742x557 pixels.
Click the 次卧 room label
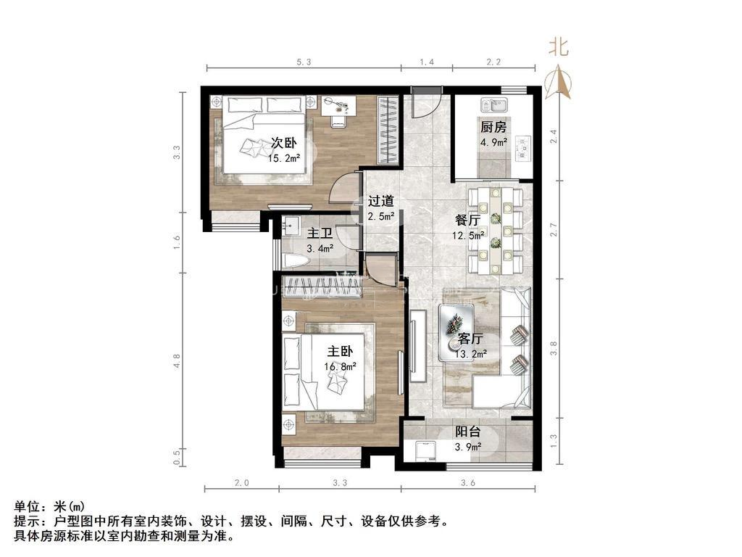[283, 142]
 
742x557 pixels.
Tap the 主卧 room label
[341, 351]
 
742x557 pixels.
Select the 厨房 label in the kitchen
[493, 126]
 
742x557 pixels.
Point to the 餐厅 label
[467, 220]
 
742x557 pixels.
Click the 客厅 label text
[470, 339]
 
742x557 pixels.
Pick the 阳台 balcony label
[468, 432]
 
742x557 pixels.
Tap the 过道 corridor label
[381, 201]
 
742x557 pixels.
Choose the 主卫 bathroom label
[320, 234]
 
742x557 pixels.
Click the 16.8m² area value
[341, 366]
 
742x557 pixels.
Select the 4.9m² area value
[494, 141]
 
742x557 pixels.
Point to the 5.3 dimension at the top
[304, 62]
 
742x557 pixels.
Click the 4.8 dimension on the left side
[177, 361]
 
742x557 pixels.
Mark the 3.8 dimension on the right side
[554, 348]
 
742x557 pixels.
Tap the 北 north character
[559, 47]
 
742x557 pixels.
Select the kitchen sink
[494, 104]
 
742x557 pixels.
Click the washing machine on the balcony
[425, 451]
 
